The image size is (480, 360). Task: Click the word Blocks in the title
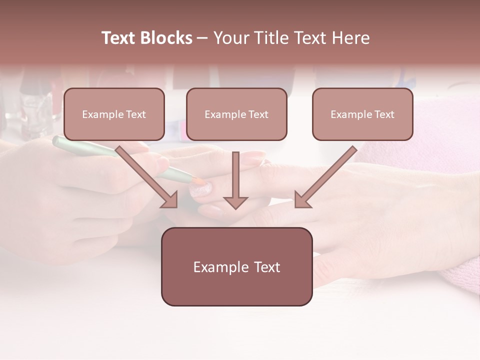pos(166,38)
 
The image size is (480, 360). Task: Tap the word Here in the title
pos(350,38)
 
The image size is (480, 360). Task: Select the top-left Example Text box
pos(114,114)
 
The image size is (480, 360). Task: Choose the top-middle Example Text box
pos(236,114)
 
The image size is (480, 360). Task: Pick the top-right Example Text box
pos(362,114)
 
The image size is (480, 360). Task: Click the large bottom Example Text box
pos(236,266)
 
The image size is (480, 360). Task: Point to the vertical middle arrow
pos(235,175)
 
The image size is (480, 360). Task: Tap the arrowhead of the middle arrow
pos(235,202)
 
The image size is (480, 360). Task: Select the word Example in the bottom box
pos(220,267)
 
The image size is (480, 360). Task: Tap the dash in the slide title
pos(202,38)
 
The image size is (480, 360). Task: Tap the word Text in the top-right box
pos(384,114)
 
